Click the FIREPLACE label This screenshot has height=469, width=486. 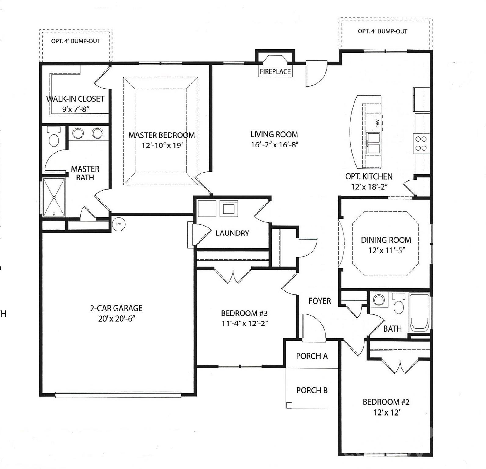[x=275, y=72]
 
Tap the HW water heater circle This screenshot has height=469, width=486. [x=118, y=224]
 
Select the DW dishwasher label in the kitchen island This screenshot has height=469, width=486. [x=377, y=123]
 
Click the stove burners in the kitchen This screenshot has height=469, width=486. [x=421, y=144]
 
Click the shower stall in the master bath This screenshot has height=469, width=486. [x=54, y=197]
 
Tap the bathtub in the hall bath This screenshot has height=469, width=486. [x=419, y=313]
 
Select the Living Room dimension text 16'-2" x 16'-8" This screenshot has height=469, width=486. [x=274, y=145]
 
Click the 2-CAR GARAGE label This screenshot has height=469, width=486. [x=116, y=308]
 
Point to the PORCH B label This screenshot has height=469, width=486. [x=312, y=390]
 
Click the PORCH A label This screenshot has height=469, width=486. [x=312, y=356]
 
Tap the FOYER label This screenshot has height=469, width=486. [x=319, y=301]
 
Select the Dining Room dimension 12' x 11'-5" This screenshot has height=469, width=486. [x=386, y=250]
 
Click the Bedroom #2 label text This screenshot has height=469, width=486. [x=386, y=402]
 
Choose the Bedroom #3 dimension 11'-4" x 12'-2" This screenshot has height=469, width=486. [x=245, y=323]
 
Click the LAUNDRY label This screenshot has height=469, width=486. [x=232, y=233]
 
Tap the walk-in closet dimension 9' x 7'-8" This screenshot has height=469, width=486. [x=75, y=109]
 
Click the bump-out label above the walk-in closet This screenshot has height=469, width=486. [x=75, y=41]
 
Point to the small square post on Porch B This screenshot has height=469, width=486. [x=289, y=405]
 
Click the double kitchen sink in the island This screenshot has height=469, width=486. [x=374, y=143]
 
